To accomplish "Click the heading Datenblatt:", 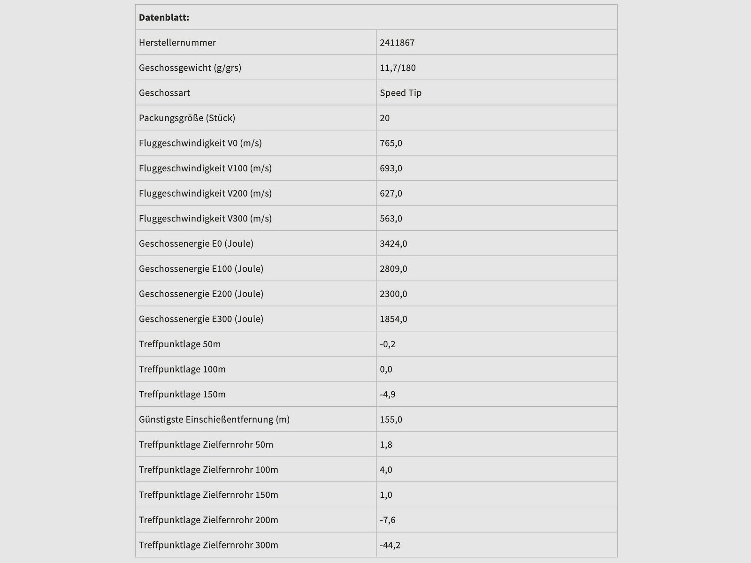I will (164, 18).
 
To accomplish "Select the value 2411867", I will (397, 43).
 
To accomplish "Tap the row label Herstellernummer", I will (177, 43).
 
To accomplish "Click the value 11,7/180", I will (398, 68).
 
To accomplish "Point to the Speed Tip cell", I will (400, 93).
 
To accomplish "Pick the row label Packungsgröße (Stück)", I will (187, 118).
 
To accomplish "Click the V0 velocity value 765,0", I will (391, 143).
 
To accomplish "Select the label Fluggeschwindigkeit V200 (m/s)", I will (205, 193).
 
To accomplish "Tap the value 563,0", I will (391, 219).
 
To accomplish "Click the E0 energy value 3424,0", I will (393, 243).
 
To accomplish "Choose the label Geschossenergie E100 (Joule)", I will (201, 269).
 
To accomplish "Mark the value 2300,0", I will (393, 294).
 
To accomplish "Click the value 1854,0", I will (393, 319).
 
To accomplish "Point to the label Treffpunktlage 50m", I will (180, 344).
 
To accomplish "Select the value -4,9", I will (388, 394).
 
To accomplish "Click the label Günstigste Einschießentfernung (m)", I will (214, 419).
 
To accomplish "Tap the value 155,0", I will (391, 419).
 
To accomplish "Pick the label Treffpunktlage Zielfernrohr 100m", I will (208, 470).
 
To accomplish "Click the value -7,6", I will (388, 520).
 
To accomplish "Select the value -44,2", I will (390, 545).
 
